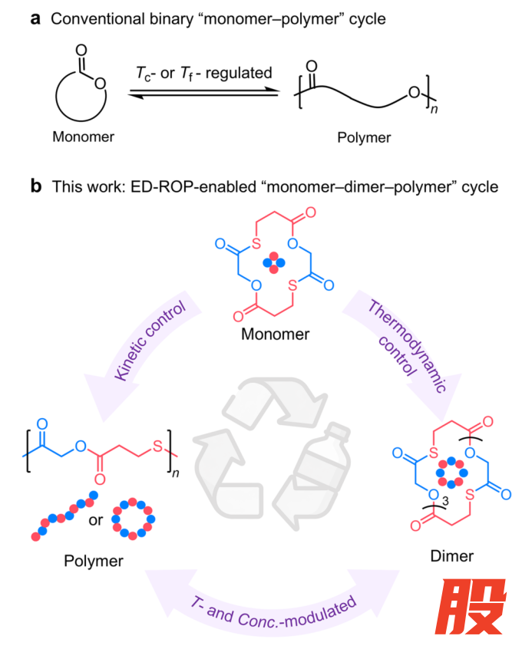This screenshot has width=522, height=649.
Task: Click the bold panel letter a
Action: (x=35, y=19)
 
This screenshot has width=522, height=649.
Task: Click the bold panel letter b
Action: (x=36, y=186)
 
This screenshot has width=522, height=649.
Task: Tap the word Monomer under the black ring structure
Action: (x=83, y=137)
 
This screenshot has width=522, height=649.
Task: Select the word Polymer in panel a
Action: (x=364, y=137)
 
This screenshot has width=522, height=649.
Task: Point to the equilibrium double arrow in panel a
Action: (x=203, y=92)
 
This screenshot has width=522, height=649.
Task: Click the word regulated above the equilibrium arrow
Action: (x=239, y=73)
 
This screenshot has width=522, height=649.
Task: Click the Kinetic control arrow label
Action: (x=150, y=341)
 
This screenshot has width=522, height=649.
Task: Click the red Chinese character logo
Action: (x=471, y=606)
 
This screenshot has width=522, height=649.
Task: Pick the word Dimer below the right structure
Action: (x=451, y=556)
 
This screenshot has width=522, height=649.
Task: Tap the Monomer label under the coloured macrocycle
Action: (x=275, y=334)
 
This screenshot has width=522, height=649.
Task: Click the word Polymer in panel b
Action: (x=94, y=562)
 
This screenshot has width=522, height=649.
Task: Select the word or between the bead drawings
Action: (x=96, y=520)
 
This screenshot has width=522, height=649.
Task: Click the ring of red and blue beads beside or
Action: (x=134, y=502)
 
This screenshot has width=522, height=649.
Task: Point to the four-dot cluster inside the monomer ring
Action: (x=274, y=262)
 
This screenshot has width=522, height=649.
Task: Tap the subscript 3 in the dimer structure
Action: (x=445, y=502)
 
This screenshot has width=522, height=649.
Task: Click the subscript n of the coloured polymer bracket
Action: (x=175, y=473)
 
